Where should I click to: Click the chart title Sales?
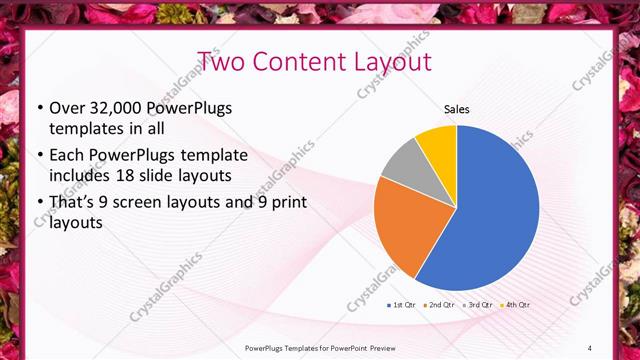pos(456,109)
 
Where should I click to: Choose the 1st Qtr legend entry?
pos(401,304)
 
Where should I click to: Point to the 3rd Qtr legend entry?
pos(477,304)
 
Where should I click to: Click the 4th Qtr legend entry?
pos(515,304)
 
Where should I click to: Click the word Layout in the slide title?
pos(392,61)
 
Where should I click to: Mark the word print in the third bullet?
pos(285,203)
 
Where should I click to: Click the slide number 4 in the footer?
pos(589,347)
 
